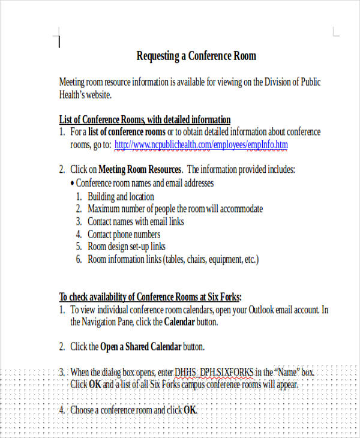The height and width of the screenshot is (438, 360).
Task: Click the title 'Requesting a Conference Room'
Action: tap(196, 56)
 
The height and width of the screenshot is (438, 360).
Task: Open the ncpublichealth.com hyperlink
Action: tap(200, 145)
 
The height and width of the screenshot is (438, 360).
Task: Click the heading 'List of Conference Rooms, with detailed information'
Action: tap(145, 119)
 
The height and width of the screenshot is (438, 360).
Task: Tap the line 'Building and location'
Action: tap(121, 196)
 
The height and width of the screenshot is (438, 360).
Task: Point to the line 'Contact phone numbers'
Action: tap(124, 234)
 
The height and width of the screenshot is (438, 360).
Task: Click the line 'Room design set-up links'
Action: tap(126, 247)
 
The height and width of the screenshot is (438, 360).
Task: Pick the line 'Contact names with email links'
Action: tap(136, 221)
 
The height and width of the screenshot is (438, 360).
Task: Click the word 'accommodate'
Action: tap(238, 209)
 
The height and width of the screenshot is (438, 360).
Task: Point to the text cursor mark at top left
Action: tap(59, 41)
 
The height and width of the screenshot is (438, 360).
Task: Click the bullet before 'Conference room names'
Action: tap(73, 183)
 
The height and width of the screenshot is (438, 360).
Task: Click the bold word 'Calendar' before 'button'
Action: tap(181, 322)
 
